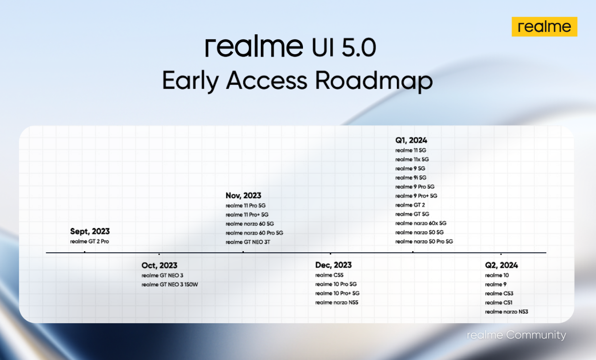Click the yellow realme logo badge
pyautogui.click(x=544, y=27)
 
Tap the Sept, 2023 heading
pyautogui.click(x=90, y=231)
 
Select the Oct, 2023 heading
pyautogui.click(x=159, y=265)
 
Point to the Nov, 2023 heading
pyautogui.click(x=243, y=196)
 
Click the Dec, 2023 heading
pyautogui.click(x=333, y=265)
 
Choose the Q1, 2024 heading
pyautogui.click(x=411, y=140)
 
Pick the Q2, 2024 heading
pyautogui.click(x=501, y=265)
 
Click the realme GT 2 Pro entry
pyautogui.click(x=89, y=241)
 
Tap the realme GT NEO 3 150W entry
pyautogui.click(x=170, y=285)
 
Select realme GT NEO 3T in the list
pyautogui.click(x=248, y=242)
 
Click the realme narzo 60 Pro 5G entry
pyautogui.click(x=254, y=233)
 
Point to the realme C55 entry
pyautogui.click(x=329, y=275)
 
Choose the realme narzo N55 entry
pyautogui.click(x=337, y=302)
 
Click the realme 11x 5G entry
pyautogui.click(x=412, y=159)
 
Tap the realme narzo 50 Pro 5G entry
pyautogui.click(x=424, y=241)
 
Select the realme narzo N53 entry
pyautogui.click(x=506, y=311)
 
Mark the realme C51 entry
pyautogui.click(x=498, y=302)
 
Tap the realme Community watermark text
pyautogui.click(x=517, y=335)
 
